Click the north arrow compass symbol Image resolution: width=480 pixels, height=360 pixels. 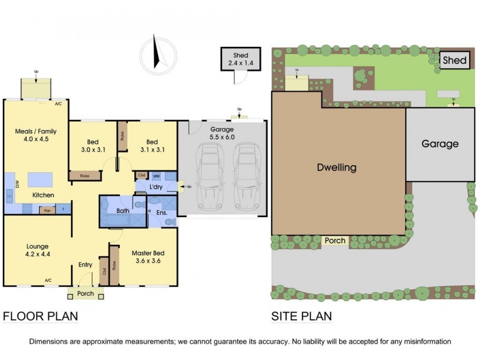point(158,53)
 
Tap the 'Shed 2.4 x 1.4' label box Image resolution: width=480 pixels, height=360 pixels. point(241,58)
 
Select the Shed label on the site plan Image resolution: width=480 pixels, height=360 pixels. point(455,59)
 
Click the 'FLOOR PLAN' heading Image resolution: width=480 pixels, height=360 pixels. point(41,316)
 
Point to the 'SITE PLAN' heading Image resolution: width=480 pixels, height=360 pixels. point(302,316)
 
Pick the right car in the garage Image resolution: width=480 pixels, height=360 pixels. point(245,176)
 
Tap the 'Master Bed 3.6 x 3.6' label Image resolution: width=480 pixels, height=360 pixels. point(148,257)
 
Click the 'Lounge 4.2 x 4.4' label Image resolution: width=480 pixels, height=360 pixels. point(37,250)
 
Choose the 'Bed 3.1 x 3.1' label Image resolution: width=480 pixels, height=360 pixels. point(152,147)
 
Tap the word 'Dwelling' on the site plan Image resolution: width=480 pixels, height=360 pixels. point(337,167)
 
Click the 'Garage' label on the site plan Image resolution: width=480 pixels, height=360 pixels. point(440,144)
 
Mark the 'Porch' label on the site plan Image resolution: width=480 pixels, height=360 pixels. point(335,241)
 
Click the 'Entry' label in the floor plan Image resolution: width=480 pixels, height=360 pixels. point(86,265)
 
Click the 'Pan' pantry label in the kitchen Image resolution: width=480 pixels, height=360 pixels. point(46,211)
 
